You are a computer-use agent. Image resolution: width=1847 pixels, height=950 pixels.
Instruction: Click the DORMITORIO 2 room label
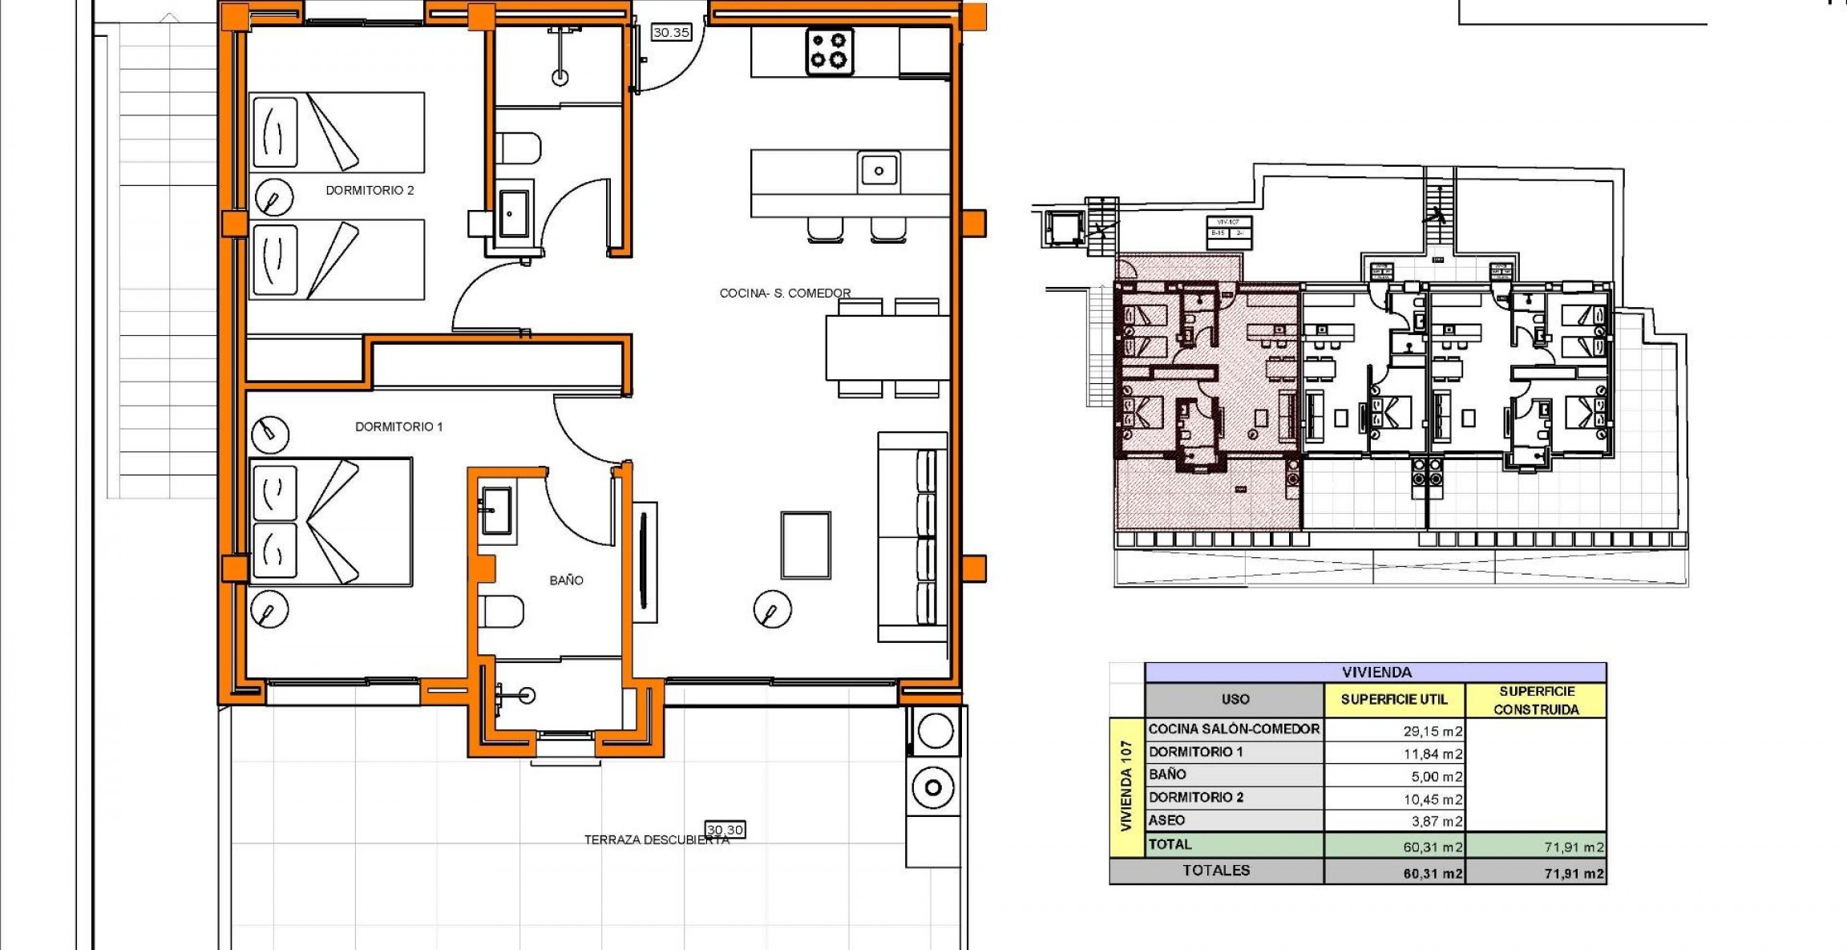click(x=370, y=190)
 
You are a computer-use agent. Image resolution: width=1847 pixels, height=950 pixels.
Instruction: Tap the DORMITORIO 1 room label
click(x=398, y=426)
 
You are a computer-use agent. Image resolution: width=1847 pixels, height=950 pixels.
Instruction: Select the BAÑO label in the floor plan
click(x=566, y=580)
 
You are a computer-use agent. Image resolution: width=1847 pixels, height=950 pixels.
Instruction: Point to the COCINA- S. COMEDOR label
click(x=785, y=293)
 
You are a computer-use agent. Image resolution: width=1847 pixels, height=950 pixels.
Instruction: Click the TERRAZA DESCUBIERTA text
click(x=656, y=840)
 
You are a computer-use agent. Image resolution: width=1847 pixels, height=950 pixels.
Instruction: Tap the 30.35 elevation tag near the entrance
click(x=671, y=33)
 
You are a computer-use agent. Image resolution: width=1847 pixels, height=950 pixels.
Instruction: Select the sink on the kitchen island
click(x=879, y=171)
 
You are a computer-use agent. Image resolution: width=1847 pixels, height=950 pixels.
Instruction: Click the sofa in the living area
click(x=913, y=537)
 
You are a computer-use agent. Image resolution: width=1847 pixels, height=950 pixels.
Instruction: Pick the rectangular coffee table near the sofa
click(x=806, y=545)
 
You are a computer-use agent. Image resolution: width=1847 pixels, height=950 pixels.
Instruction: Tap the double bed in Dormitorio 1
click(x=330, y=521)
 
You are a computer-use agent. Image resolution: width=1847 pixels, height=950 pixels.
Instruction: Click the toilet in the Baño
click(x=502, y=612)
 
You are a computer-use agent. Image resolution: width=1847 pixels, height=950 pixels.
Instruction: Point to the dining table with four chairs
click(x=887, y=347)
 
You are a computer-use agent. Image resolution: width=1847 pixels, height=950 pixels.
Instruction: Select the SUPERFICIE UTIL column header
click(x=1394, y=699)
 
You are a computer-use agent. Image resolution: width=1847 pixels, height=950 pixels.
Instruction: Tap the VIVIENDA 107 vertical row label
click(x=1126, y=786)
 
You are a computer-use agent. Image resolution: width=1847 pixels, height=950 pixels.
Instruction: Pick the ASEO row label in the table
click(x=1166, y=820)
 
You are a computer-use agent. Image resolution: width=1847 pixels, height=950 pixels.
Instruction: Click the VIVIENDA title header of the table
click(x=1376, y=672)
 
